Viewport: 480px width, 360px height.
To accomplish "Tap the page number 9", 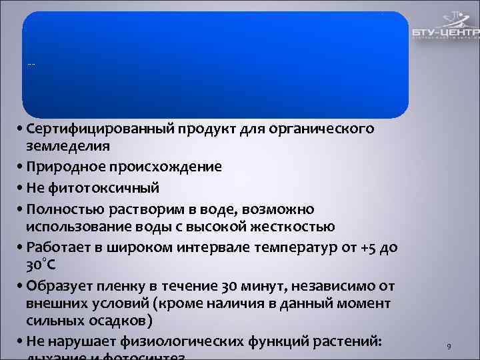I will [449, 347].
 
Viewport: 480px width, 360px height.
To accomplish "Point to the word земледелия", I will [69, 145].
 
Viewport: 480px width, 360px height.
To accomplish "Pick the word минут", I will [250, 287].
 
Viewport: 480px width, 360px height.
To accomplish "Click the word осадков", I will [124, 321].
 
